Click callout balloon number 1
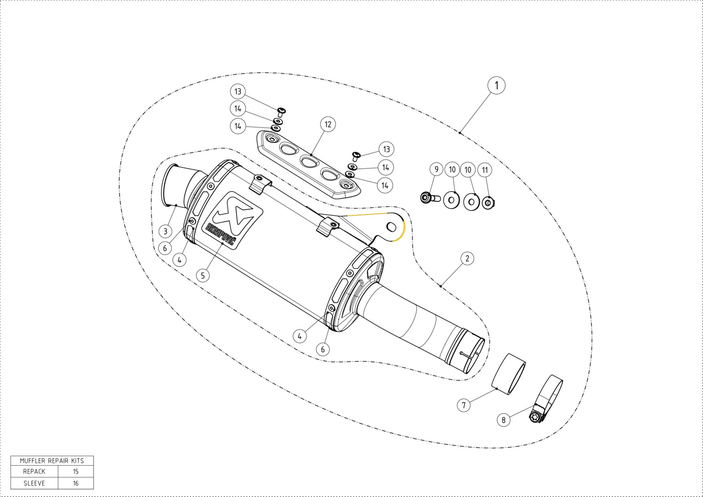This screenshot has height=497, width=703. tap(496, 85)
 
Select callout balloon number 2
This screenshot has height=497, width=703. tap(467, 258)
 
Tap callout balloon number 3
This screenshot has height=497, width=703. tap(165, 232)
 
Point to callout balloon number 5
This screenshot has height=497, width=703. tap(203, 275)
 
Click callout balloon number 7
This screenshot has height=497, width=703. tap(464, 405)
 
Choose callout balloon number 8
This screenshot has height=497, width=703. tap(504, 420)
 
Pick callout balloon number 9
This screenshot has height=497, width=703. tap(436, 169)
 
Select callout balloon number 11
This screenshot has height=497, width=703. tap(485, 170)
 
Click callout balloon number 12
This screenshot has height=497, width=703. tap(328, 124)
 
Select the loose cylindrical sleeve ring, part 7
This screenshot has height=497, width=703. tap(509, 374)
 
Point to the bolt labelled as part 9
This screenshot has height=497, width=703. tap(430, 198)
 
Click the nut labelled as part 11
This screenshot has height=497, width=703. tap(488, 203)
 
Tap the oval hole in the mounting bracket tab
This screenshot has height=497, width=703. tap(391, 226)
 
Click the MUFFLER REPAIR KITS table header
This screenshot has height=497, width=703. tap(52, 460)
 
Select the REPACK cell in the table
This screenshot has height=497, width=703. tap(34, 472)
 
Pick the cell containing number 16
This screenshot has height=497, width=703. tap(75, 483)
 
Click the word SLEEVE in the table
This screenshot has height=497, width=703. tap(34, 483)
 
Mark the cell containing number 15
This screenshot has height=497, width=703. tap(75, 472)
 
